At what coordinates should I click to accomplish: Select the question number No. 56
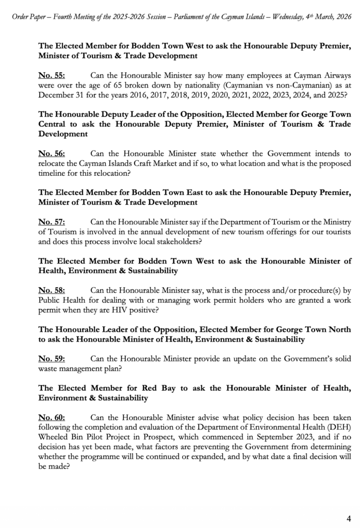52,154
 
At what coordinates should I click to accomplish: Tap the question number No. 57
52,222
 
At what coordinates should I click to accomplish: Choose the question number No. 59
52,358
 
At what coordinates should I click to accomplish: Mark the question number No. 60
52,417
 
